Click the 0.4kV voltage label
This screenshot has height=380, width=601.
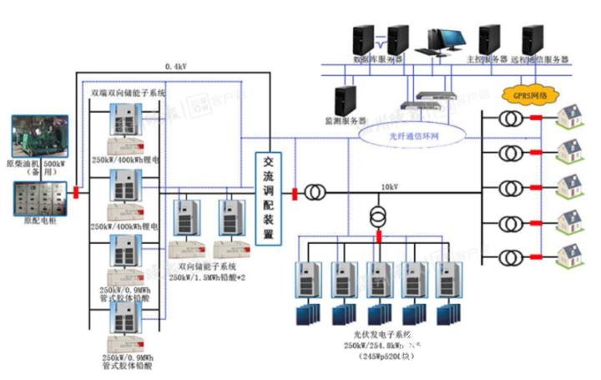point(175,65)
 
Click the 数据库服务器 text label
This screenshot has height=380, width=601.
point(378,60)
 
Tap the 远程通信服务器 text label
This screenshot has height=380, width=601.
point(540,60)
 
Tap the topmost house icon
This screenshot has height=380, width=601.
point(572,115)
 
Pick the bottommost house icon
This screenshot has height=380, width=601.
point(572,252)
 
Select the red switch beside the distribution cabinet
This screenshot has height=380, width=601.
point(75,193)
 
